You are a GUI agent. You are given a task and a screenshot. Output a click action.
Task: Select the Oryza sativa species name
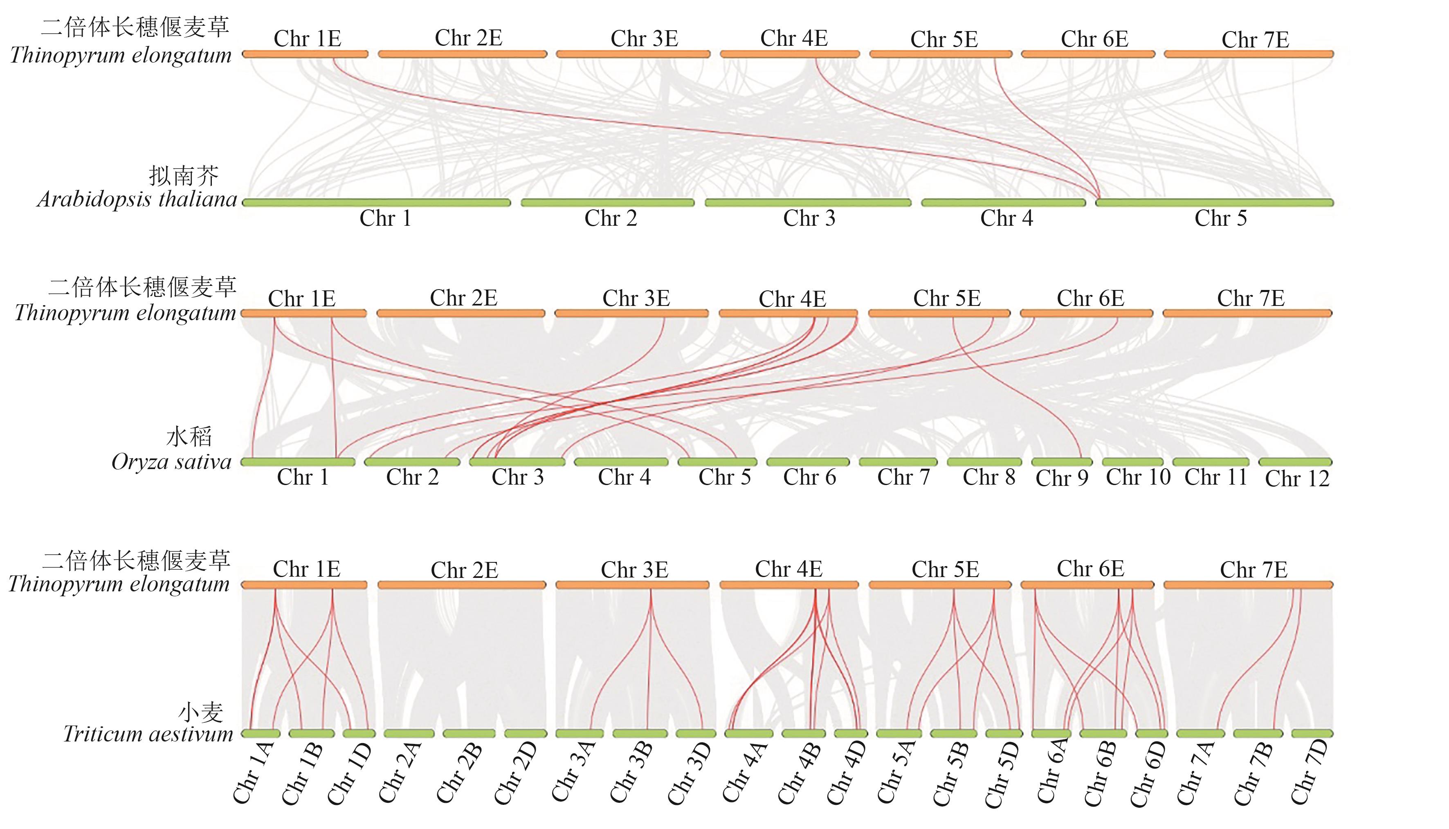171,462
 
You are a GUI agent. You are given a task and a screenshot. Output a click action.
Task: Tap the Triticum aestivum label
148,734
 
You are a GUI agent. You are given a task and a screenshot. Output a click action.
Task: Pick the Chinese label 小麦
200,712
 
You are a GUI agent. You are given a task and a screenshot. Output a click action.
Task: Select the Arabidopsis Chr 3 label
809,218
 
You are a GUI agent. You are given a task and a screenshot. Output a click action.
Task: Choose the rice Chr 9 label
1062,478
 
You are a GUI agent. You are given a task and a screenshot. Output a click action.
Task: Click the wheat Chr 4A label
744,773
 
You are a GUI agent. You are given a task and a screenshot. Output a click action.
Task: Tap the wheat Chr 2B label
459,773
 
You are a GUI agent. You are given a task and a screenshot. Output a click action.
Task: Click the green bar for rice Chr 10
1132,462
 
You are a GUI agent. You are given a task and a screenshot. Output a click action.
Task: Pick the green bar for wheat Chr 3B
640,733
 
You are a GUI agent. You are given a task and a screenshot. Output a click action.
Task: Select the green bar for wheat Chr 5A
899,733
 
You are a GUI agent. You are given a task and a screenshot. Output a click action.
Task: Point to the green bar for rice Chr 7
898,462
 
